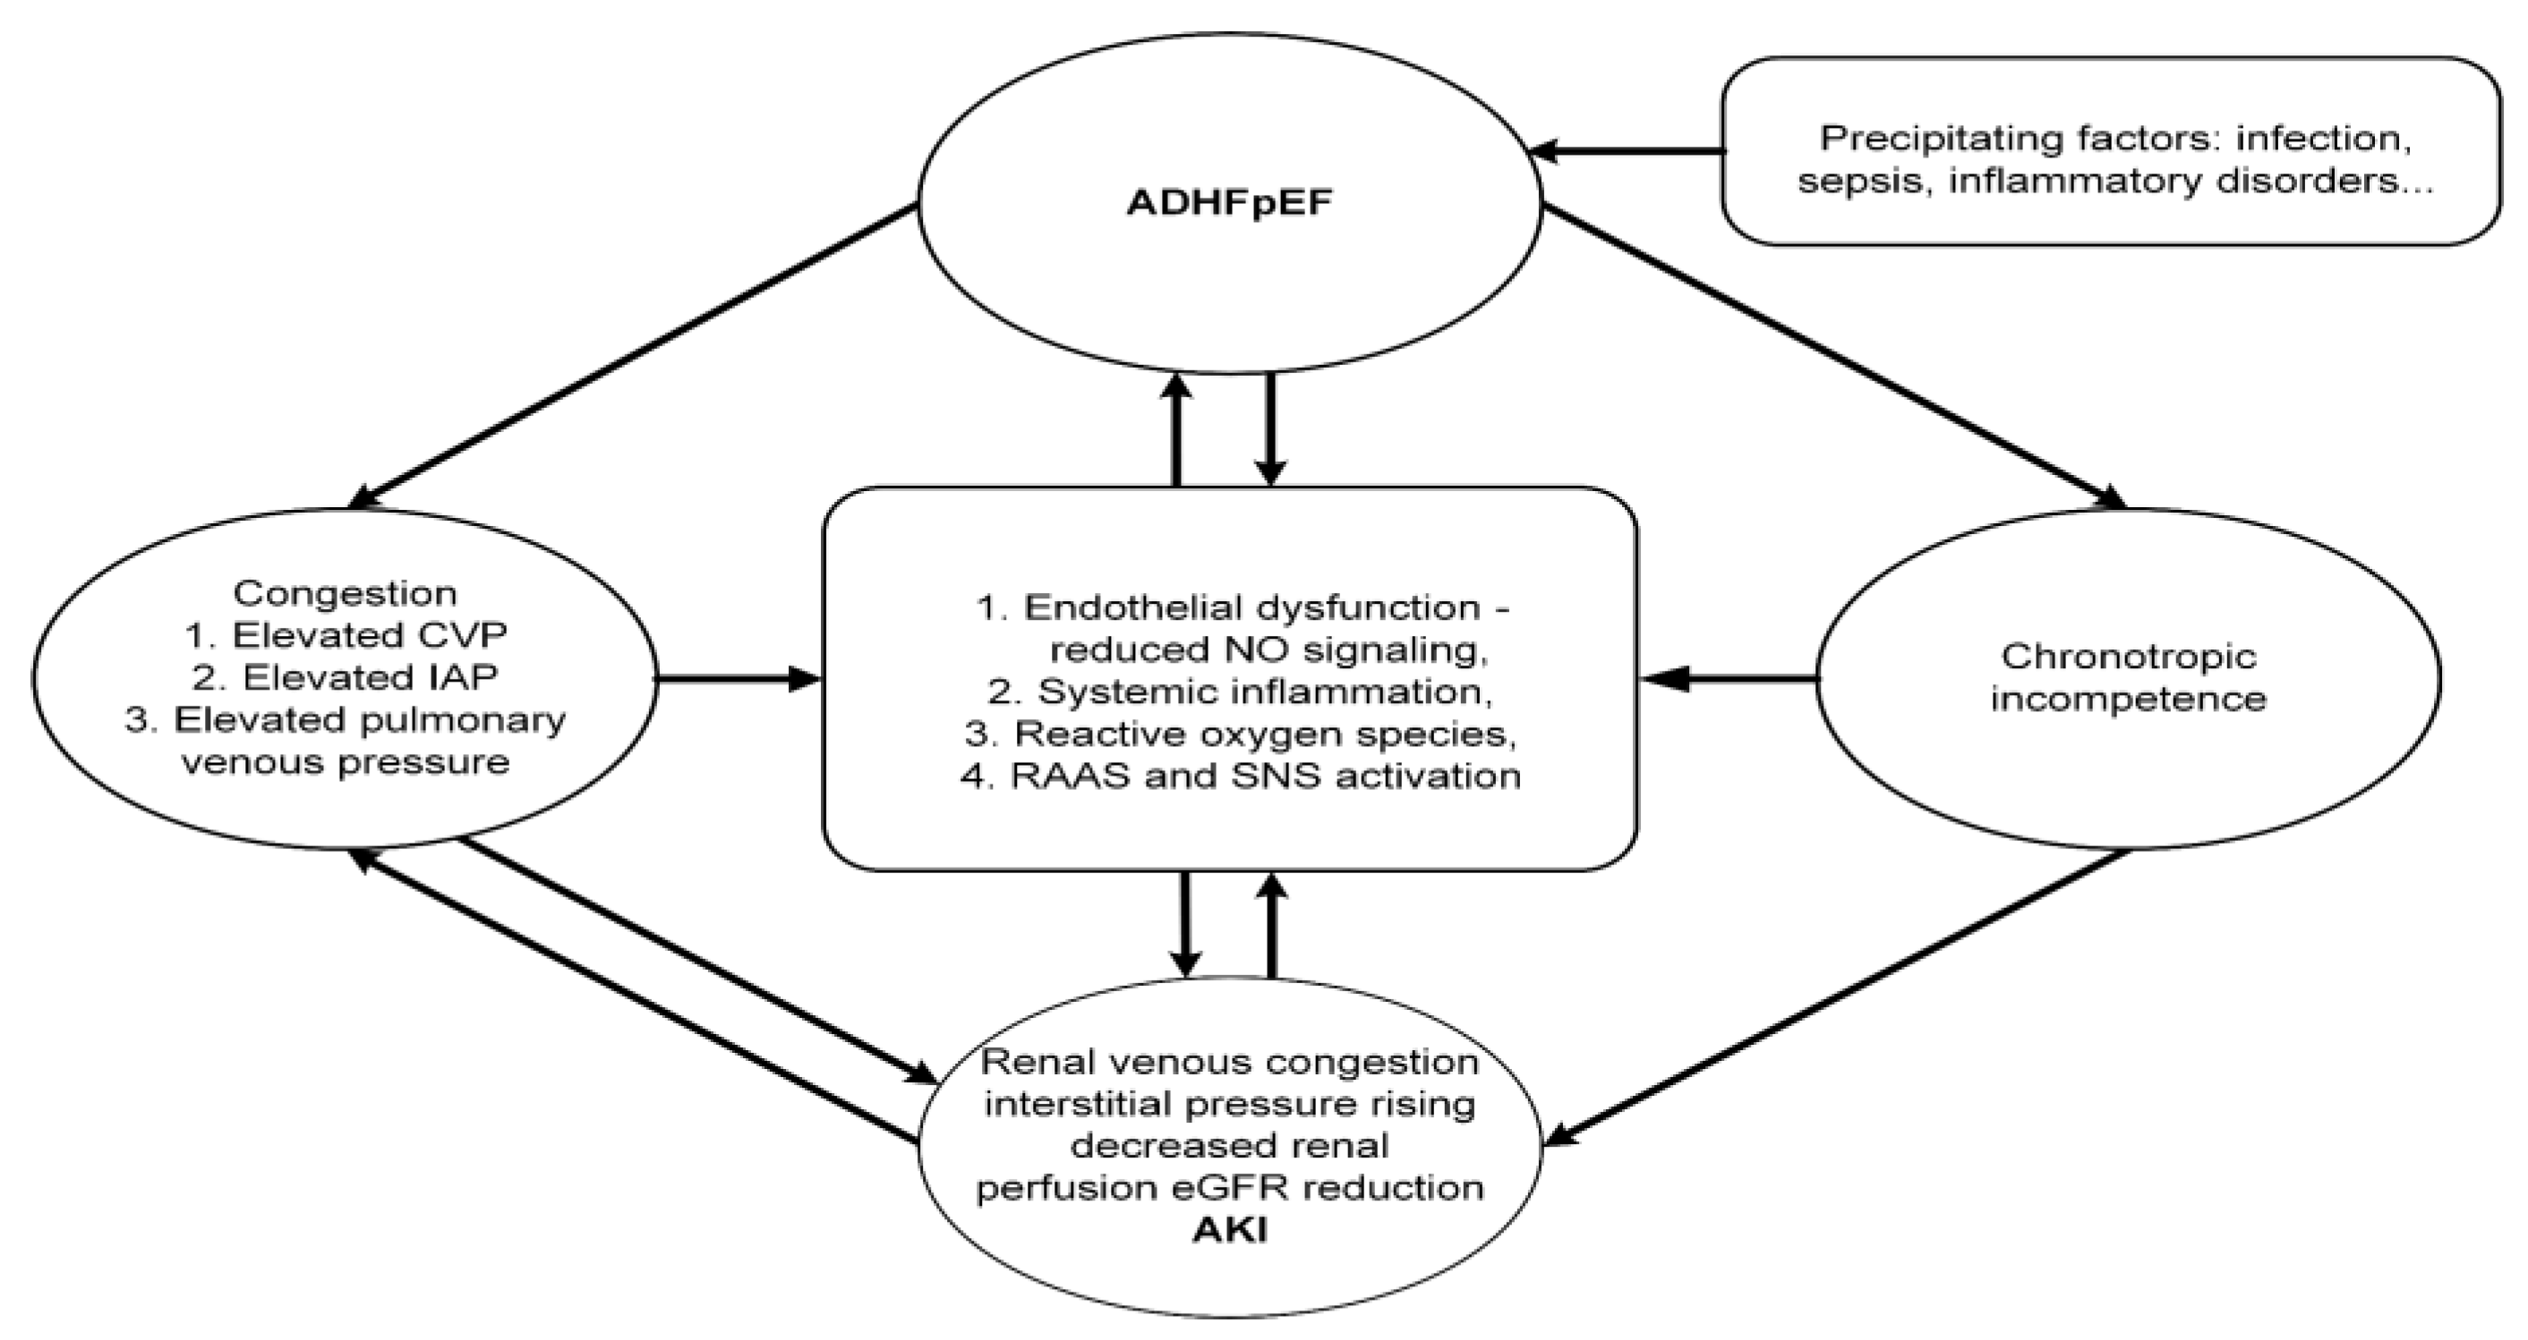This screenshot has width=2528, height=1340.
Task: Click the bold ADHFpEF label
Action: point(1229,202)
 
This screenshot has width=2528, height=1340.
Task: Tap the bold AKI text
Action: point(1229,1230)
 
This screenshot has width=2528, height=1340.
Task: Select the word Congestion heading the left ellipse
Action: point(345,592)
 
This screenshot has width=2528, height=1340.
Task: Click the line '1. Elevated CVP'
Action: point(346,635)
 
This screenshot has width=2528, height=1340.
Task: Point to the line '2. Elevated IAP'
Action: point(346,677)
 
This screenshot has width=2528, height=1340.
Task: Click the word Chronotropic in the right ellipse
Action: point(2128,656)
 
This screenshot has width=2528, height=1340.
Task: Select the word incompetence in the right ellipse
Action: point(2128,699)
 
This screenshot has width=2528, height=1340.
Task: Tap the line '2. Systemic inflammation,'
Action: point(1241,691)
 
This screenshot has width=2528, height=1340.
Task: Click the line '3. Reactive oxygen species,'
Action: point(1241,734)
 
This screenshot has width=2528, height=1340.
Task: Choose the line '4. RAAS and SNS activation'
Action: point(1241,776)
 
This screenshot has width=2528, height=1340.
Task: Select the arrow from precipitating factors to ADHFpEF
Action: point(1629,151)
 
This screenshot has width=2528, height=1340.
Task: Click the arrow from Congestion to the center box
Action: point(736,678)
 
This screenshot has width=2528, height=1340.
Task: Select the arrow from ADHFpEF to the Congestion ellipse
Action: point(633,355)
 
